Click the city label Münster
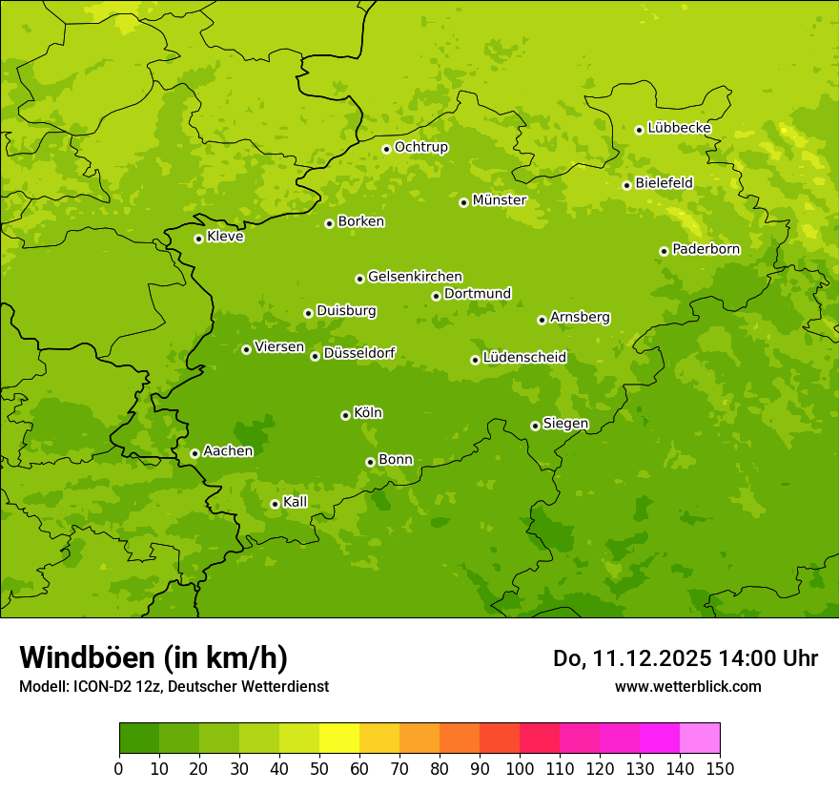(500, 200)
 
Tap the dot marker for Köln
(345, 415)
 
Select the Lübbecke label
(679, 128)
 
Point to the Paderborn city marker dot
(664, 251)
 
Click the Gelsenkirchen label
(415, 277)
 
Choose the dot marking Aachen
(194, 453)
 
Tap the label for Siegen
(565, 424)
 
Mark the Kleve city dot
(198, 239)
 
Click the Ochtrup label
(420, 147)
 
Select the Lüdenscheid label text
(524, 358)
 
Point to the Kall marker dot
(275, 504)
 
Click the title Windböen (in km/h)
(153, 657)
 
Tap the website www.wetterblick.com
(687, 686)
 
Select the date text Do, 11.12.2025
(628, 658)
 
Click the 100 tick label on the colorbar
(520, 769)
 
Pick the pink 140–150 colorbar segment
(700, 739)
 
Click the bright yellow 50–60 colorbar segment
(339, 739)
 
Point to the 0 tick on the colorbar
(119, 769)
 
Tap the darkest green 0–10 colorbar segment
(139, 739)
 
